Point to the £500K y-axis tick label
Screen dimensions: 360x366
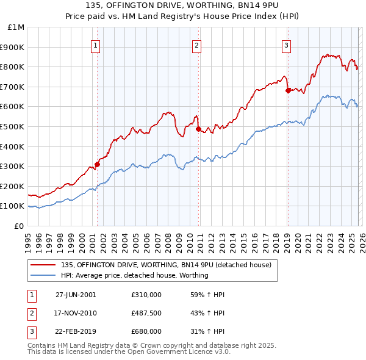[13, 126]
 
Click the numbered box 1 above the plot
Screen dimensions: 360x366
[96, 45]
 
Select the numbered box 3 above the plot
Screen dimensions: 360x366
[286, 45]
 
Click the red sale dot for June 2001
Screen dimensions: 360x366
[97, 164]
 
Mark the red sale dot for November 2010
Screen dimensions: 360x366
[198, 129]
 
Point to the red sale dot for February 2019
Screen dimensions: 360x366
[287, 90]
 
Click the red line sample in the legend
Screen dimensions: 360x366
[44, 265]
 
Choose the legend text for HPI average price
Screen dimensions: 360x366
[135, 275]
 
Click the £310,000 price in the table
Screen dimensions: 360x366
[146, 295]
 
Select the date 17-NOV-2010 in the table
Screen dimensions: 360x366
[76, 313]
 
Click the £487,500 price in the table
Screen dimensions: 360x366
[146, 313]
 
